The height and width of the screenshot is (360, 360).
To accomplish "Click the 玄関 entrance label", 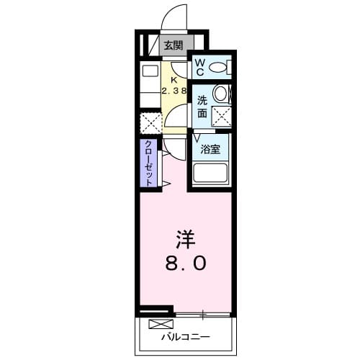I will point(173,46).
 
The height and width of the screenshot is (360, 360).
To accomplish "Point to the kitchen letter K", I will point(174,80).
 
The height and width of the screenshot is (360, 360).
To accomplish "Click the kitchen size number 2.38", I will point(174,91).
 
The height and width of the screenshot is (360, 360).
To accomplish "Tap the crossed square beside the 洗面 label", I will point(220,115).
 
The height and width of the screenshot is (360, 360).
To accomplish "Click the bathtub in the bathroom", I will point(210,173).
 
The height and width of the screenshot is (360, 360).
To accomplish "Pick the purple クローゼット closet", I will point(148,163).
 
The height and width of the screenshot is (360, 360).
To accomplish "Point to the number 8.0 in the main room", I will point(186,264).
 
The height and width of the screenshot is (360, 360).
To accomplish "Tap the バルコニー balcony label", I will point(184,336).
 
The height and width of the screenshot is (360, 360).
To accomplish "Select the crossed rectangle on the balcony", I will point(162,324).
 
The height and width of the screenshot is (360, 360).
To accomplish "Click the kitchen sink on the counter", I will point(150,71).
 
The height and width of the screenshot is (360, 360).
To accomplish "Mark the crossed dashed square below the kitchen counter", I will point(150,122).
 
